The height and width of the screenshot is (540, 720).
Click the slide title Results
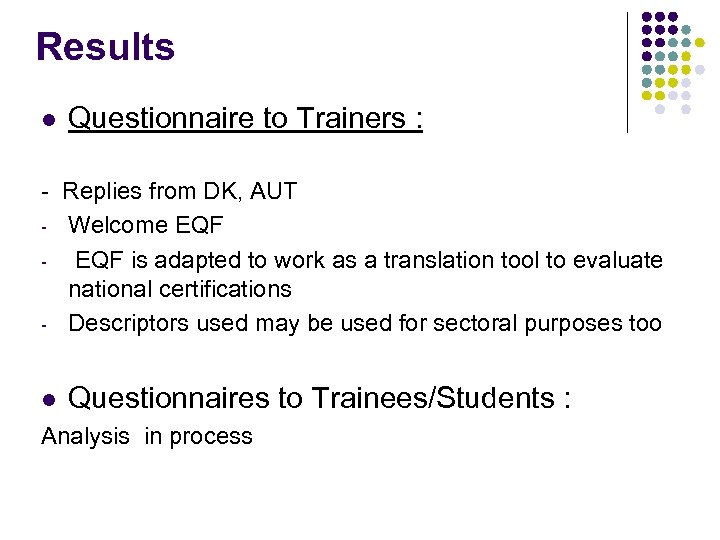(105, 47)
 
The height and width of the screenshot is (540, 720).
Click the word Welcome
(114, 225)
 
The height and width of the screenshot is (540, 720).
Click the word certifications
(229, 290)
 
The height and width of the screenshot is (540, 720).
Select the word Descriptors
(129, 324)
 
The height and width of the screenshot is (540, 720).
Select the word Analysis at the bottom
(86, 437)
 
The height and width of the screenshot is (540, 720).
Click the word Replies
(102, 191)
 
